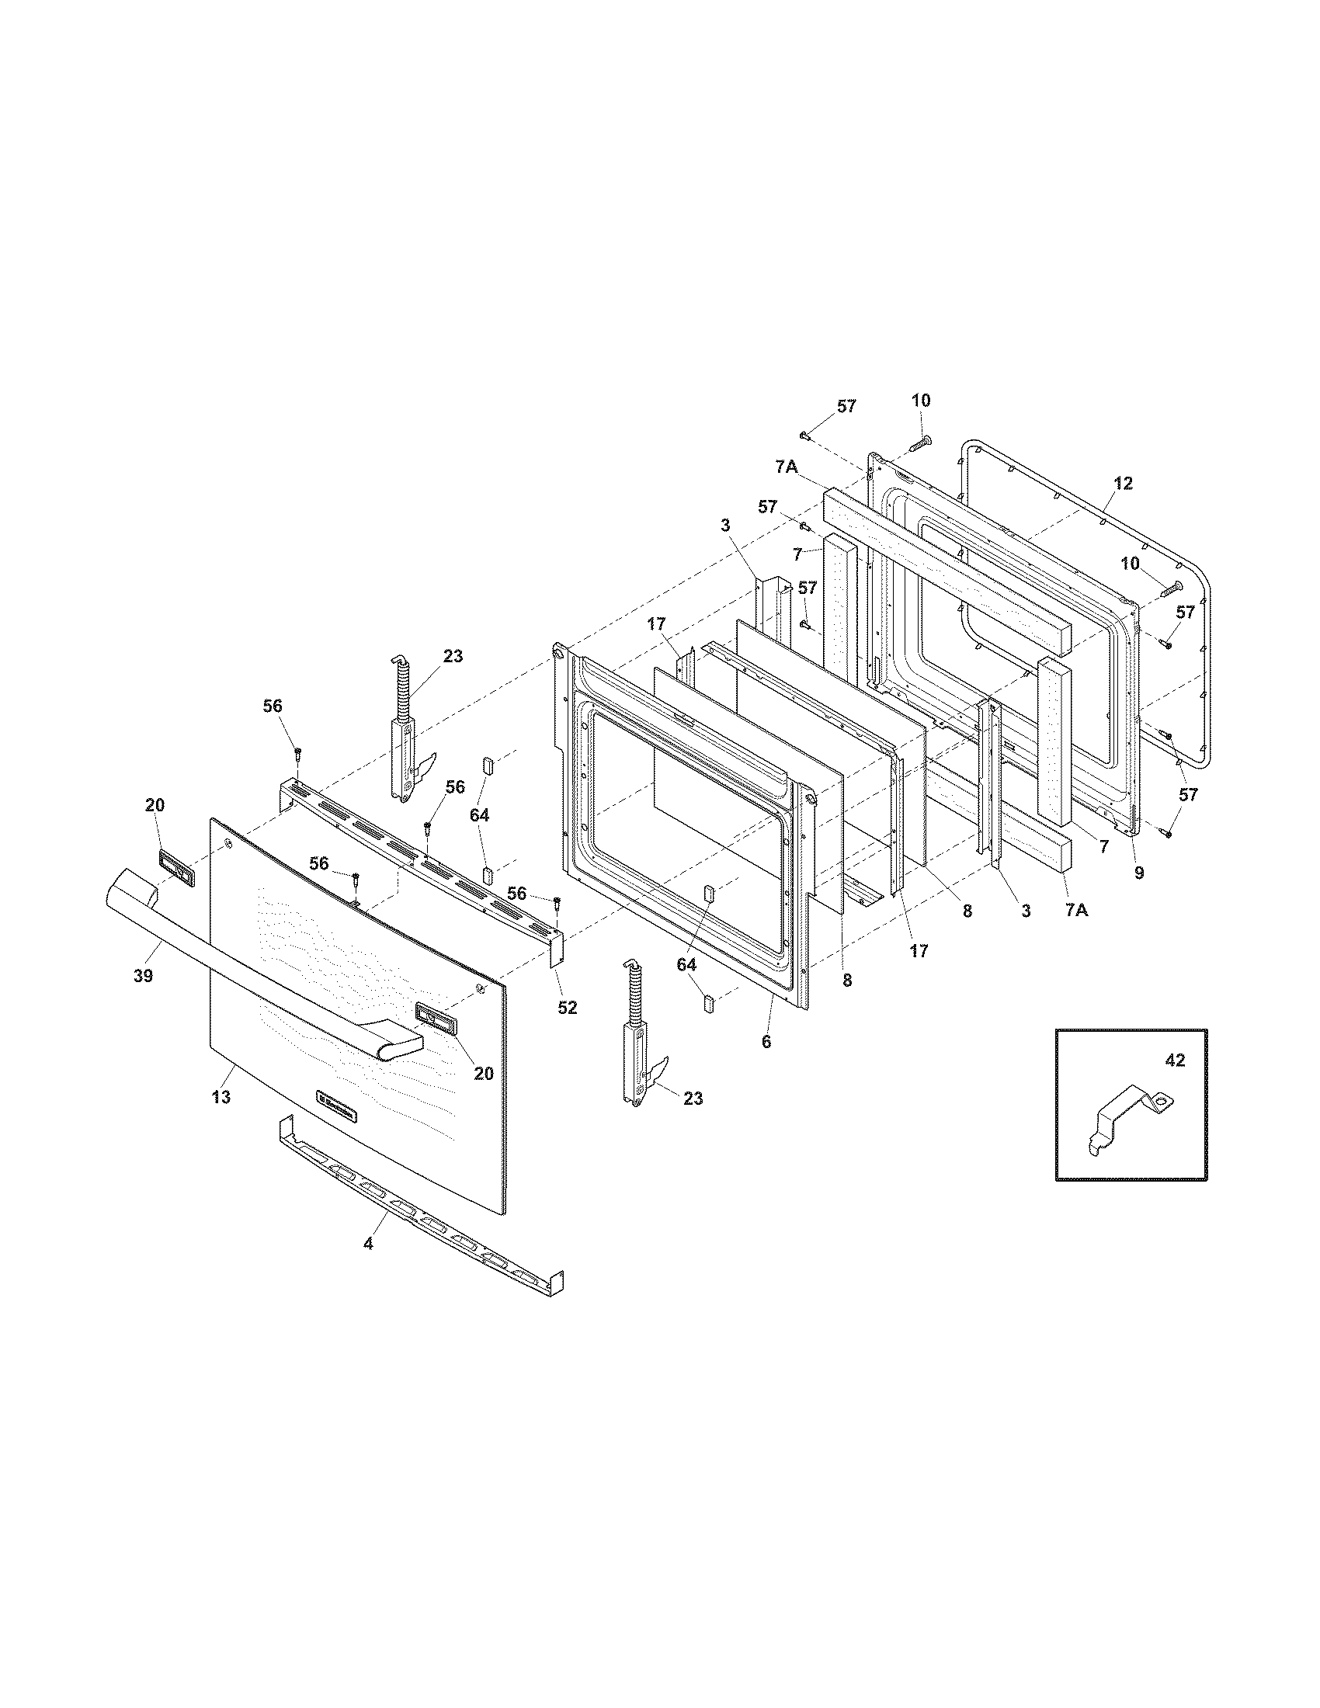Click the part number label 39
click(x=143, y=975)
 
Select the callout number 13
click(x=221, y=1097)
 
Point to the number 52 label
click(x=567, y=1008)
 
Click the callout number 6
click(x=766, y=1042)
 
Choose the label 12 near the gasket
click(x=1123, y=484)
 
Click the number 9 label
click(x=1138, y=873)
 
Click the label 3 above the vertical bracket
click(x=725, y=525)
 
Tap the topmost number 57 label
click(x=846, y=407)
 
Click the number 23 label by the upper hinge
click(x=453, y=656)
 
